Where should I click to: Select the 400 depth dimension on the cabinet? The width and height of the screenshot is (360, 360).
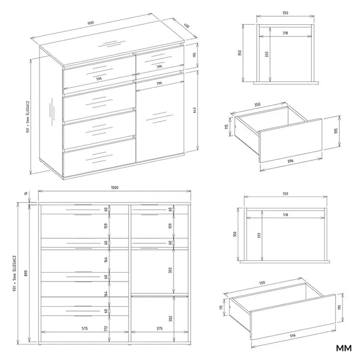(187, 27)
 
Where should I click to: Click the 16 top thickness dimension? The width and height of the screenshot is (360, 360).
(26, 192)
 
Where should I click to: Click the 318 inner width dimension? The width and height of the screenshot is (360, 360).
(285, 34)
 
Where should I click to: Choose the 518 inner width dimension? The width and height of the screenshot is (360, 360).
(286, 215)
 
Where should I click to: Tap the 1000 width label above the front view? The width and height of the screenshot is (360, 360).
(114, 187)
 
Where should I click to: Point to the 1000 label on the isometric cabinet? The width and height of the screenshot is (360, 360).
(90, 24)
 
